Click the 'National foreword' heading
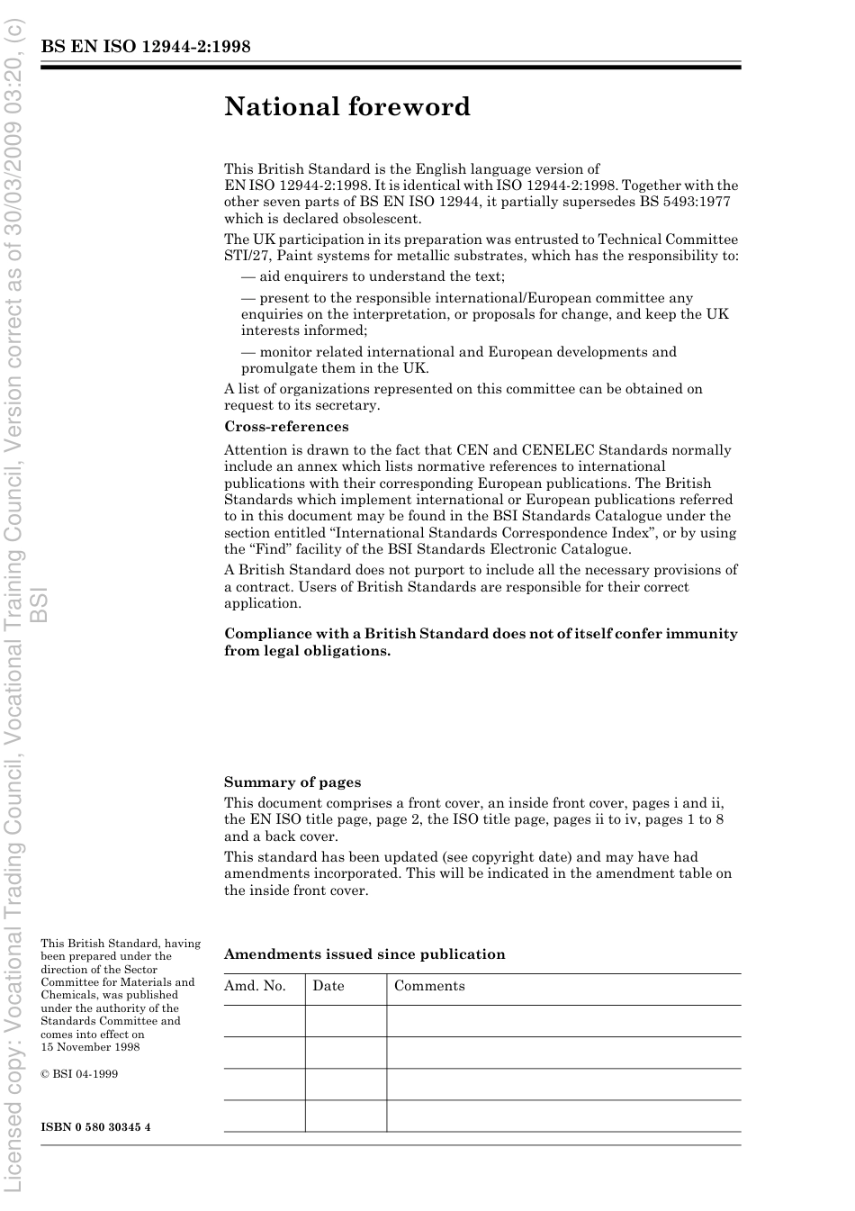click(x=347, y=107)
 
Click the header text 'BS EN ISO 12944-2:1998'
click(x=145, y=47)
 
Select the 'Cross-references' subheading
click(x=286, y=427)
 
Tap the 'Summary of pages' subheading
click(x=292, y=782)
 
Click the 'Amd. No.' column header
click(x=255, y=986)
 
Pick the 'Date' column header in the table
click(x=328, y=986)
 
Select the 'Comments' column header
click(x=429, y=986)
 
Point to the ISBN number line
click(x=95, y=1127)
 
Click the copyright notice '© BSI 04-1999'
click(x=79, y=1074)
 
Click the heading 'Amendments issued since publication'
click(x=364, y=954)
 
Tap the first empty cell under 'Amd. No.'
click(x=264, y=1021)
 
